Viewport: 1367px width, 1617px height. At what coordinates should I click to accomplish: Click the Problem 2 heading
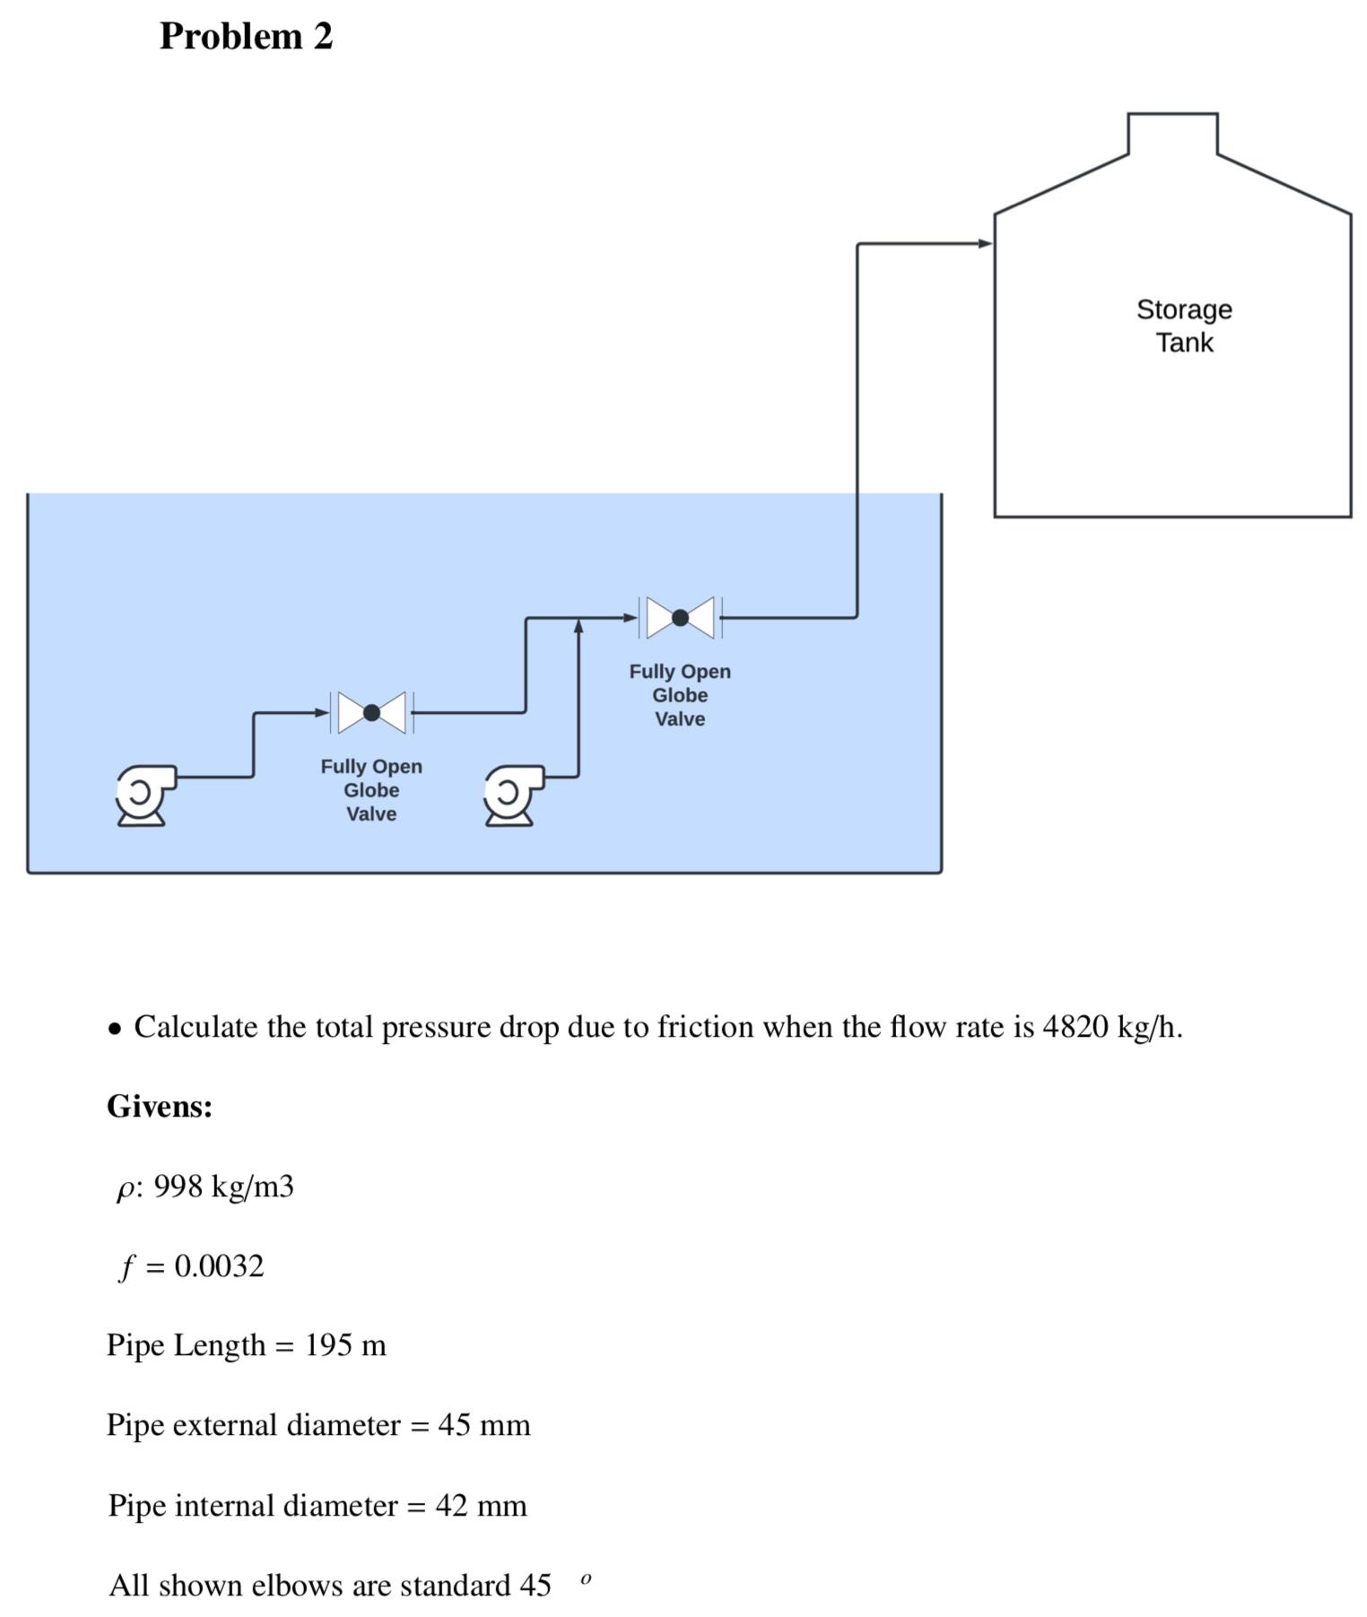246,37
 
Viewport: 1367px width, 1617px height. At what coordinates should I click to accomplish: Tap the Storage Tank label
1183,326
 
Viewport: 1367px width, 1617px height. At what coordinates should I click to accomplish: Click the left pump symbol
143,794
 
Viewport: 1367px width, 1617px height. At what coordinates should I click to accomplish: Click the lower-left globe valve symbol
371,713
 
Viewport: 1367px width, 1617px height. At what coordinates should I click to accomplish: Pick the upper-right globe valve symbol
680,617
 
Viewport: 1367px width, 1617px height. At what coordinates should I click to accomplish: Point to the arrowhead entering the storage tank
985,243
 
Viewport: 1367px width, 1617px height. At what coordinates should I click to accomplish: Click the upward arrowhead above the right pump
579,625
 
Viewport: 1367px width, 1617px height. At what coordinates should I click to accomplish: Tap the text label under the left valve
371,790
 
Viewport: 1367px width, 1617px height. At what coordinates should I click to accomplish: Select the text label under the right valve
680,695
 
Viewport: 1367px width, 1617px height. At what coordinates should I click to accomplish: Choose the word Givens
160,1107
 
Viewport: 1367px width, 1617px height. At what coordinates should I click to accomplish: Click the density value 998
178,1187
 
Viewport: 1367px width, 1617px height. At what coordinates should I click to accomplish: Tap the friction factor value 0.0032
219,1266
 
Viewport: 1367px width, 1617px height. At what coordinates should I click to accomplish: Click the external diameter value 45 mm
484,1425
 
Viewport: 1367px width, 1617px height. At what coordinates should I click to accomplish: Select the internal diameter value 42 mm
481,1505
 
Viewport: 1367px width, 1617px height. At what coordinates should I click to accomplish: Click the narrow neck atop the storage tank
1171,134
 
